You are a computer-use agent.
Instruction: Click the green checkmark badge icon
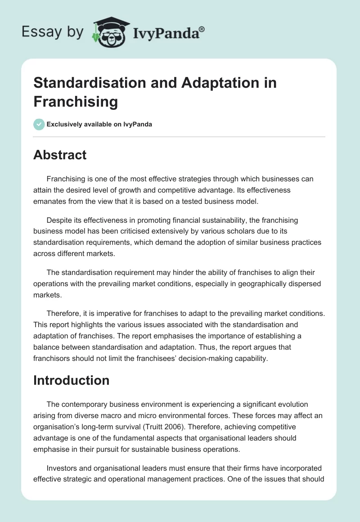(x=39, y=124)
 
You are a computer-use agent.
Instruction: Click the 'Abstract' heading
(x=60, y=155)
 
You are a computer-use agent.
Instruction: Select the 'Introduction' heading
(x=72, y=380)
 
